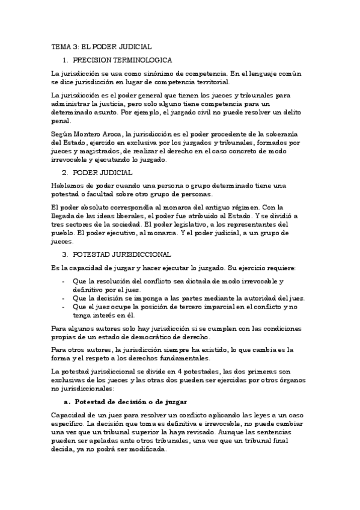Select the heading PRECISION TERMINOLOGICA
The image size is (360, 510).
coord(123,60)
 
